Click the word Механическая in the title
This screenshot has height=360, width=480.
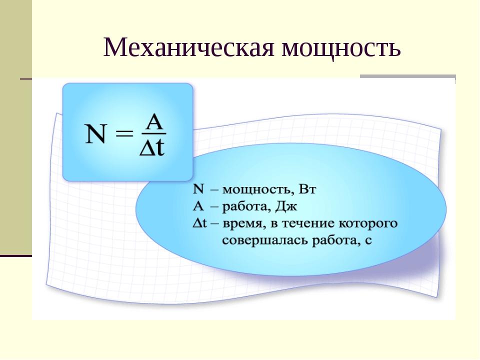[188, 47]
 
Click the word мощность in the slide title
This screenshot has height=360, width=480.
[341, 49]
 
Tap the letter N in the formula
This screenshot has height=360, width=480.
[96, 134]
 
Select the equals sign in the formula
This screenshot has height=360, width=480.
[125, 134]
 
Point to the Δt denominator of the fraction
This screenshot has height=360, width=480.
[152, 147]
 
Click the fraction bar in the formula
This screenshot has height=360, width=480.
[153, 134]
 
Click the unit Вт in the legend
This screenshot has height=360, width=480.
[307, 189]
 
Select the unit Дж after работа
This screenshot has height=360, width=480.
[286, 206]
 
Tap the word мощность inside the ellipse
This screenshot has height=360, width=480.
[256, 190]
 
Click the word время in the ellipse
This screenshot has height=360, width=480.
[242, 224]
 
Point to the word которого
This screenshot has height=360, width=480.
[368, 224]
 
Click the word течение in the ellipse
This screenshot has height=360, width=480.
[308, 223]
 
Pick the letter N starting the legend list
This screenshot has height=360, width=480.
[198, 189]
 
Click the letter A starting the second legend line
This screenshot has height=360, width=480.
[198, 206]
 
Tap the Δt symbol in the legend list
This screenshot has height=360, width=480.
[200, 223]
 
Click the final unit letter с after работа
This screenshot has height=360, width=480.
[368, 241]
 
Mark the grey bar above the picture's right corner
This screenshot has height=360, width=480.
[408, 76]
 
